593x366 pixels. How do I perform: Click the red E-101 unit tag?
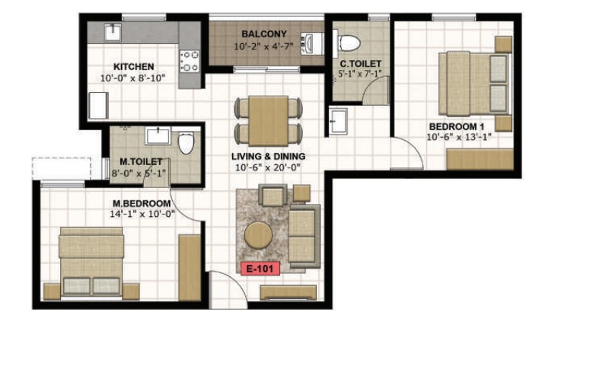(x=260, y=269)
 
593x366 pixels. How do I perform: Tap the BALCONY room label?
(x=264, y=33)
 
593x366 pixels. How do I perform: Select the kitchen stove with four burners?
(x=189, y=61)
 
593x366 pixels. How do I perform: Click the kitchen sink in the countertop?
(x=113, y=32)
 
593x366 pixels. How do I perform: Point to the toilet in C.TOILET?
(x=346, y=43)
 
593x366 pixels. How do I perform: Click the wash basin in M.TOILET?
(x=158, y=135)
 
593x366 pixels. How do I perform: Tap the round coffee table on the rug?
(x=258, y=235)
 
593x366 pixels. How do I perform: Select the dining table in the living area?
(x=269, y=121)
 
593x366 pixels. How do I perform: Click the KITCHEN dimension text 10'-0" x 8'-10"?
(x=133, y=78)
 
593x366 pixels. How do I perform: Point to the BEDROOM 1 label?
(x=457, y=126)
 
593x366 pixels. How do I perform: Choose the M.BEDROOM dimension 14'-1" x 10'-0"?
(x=142, y=214)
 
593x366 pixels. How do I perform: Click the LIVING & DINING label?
(x=269, y=156)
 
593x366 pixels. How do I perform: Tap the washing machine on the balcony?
(x=312, y=43)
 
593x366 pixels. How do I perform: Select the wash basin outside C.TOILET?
(x=338, y=121)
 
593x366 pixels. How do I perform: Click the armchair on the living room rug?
(x=273, y=195)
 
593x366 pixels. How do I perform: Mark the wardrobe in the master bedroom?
(x=190, y=268)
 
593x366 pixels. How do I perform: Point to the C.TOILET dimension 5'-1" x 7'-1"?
(x=360, y=74)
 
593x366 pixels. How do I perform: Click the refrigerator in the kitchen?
(x=98, y=106)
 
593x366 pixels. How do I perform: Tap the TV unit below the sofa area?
(x=289, y=293)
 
